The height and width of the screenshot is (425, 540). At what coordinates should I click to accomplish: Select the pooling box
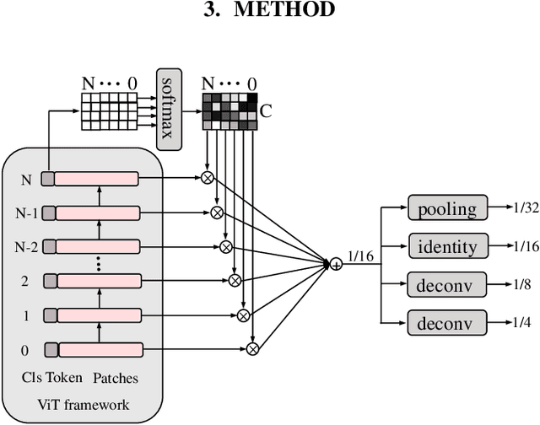coord(446,208)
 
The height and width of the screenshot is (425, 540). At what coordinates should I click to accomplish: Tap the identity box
coord(446,247)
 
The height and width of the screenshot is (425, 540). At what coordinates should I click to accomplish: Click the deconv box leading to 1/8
coord(446,285)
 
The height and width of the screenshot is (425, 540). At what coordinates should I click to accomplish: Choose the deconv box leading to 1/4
coord(446,322)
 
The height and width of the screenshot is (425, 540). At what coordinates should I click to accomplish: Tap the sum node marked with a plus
coord(336,265)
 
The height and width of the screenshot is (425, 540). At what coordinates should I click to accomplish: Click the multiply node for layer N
coord(205,178)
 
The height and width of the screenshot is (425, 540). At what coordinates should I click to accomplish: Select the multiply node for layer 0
coord(252,348)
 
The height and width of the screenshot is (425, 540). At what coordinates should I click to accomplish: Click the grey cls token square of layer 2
coord(49,281)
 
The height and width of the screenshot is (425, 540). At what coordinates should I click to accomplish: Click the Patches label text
coord(116,378)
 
